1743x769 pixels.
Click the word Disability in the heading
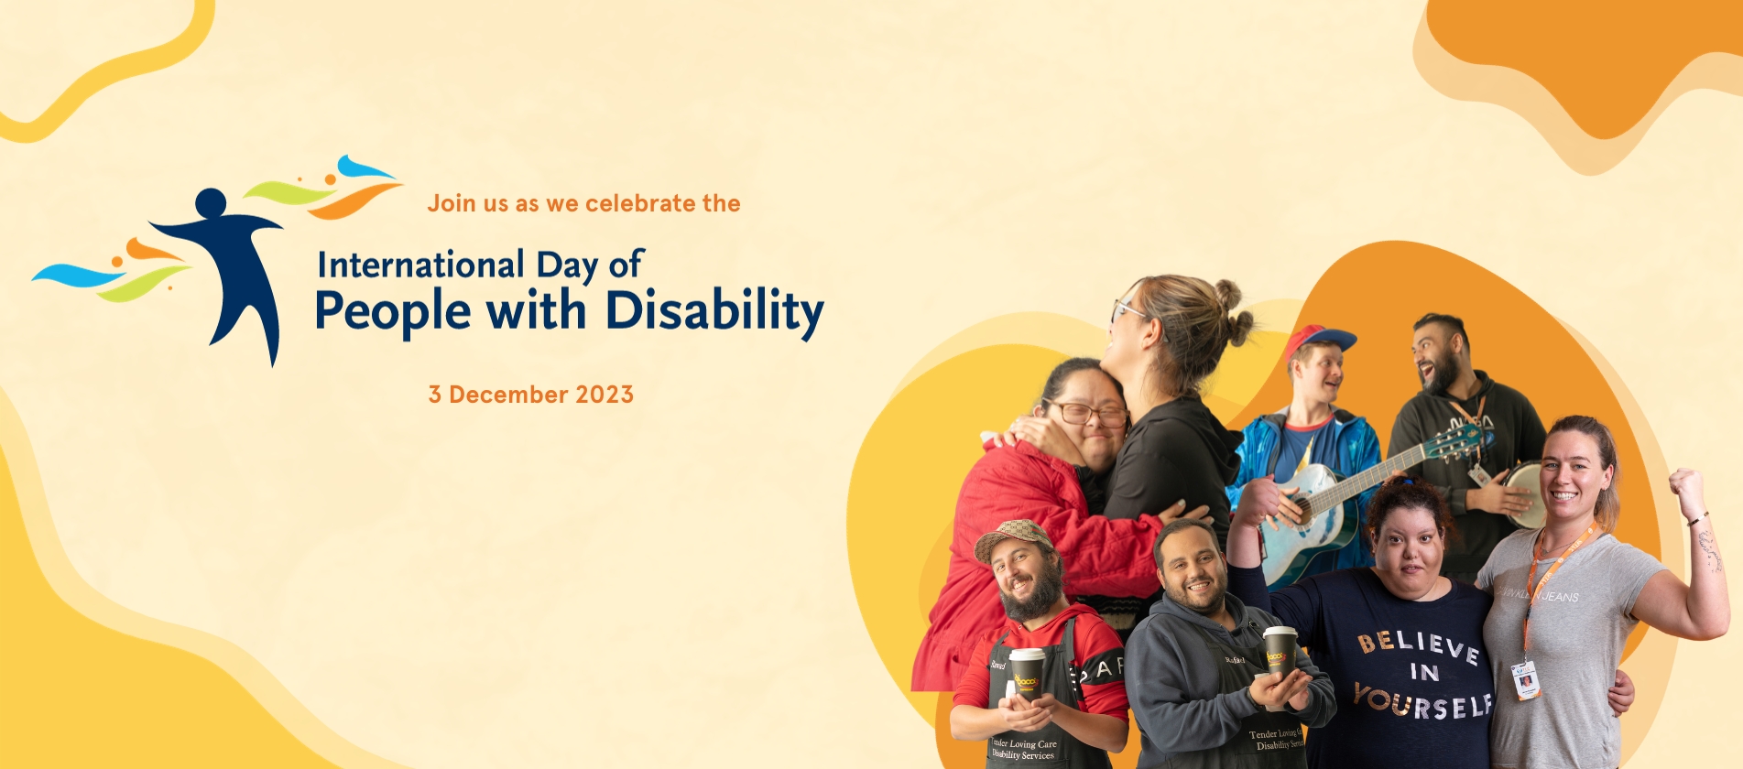tap(714, 311)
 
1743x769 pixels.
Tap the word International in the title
tap(420, 265)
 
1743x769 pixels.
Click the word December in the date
tap(508, 395)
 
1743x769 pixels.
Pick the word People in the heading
tap(392, 311)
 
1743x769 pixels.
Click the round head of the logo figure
tap(211, 202)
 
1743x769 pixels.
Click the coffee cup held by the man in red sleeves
tap(1027, 674)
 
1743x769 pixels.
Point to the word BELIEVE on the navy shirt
tap(1418, 645)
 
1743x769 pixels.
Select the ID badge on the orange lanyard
tap(1525, 680)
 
